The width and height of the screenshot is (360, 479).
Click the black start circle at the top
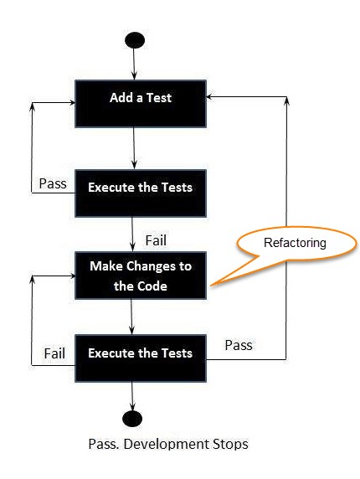click(x=135, y=40)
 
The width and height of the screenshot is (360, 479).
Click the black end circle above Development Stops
click(x=132, y=419)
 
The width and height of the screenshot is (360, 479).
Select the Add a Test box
click(x=141, y=104)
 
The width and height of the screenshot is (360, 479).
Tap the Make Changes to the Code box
click(x=141, y=276)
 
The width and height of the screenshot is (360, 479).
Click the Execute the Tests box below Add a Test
click(x=141, y=193)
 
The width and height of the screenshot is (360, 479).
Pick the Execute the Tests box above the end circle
click(x=141, y=358)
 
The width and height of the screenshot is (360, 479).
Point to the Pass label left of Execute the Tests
click(x=53, y=183)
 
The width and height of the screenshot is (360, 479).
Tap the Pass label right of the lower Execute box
click(x=239, y=345)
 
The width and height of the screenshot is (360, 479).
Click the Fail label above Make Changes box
click(x=156, y=240)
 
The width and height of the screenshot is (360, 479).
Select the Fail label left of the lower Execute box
click(x=54, y=353)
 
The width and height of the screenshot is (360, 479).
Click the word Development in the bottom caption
click(x=167, y=444)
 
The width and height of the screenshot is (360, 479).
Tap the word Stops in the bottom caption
click(x=230, y=444)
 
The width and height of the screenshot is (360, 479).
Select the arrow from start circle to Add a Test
click(x=134, y=64)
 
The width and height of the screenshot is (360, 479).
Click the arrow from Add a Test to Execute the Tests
click(x=134, y=148)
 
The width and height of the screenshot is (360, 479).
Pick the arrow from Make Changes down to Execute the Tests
click(x=131, y=317)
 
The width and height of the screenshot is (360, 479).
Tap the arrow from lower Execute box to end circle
click(x=132, y=396)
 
